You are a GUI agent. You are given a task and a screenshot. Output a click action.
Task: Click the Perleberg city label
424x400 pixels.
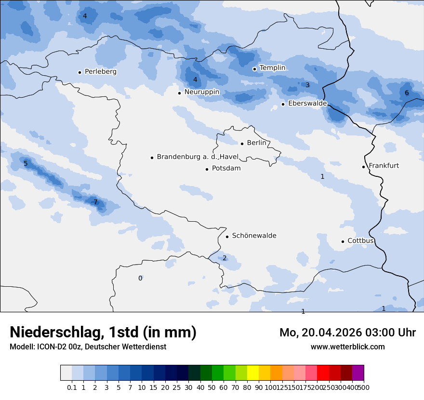coord(100,72)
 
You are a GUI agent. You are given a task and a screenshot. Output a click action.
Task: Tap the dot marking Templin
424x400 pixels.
coord(254,69)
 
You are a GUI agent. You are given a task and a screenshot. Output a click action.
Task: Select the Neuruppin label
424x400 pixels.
coord(201,92)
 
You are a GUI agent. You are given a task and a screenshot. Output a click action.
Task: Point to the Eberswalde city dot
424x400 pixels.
coord(283,104)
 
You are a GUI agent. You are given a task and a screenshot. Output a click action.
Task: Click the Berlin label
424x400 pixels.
coord(256,143)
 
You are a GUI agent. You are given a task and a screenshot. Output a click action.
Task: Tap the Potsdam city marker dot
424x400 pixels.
coord(207,169)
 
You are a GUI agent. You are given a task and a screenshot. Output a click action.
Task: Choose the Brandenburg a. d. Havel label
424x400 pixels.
coord(198,157)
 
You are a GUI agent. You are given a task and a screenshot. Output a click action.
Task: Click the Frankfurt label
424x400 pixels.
coord(384,166)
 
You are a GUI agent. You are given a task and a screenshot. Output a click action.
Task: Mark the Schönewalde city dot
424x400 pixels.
coord(227,236)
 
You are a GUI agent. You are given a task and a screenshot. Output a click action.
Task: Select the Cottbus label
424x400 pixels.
coord(360,241)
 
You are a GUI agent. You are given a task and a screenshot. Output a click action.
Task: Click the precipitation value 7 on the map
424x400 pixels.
coord(95,202)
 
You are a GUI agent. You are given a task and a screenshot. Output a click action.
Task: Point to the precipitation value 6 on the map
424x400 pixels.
coord(407,93)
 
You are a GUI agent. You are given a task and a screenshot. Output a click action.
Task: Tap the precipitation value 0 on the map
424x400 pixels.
coord(140,279)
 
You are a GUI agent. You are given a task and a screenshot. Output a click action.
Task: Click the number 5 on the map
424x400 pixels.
coord(26,164)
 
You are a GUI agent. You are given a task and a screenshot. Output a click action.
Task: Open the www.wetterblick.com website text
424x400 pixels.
coord(347,347)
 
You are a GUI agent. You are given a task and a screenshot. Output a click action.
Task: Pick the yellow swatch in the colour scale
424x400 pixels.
coord(252,373)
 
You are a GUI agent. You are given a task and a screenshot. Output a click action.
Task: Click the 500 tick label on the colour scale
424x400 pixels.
coord(364,387)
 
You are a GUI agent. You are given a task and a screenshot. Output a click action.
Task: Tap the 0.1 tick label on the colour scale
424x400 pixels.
coord(72,387)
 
